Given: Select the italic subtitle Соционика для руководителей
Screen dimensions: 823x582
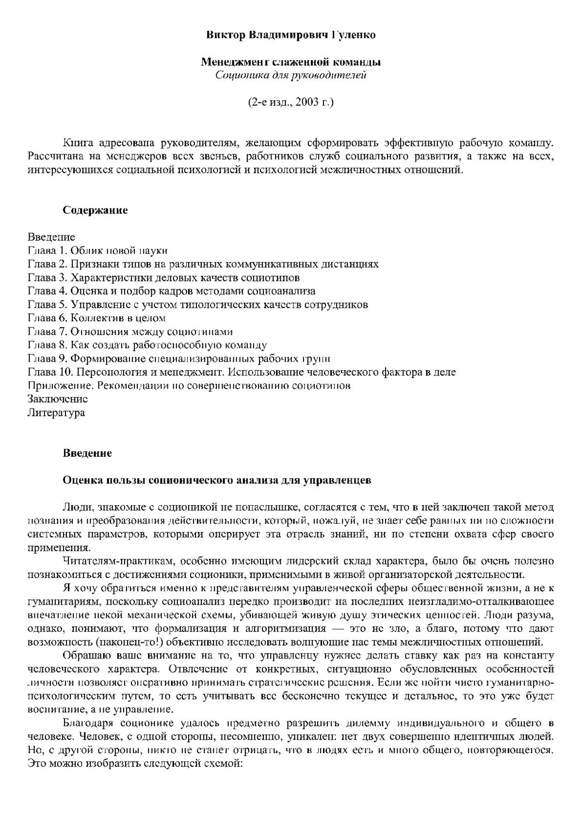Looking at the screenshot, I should tap(291, 75).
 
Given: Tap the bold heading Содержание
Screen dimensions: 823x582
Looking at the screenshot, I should tap(95, 210).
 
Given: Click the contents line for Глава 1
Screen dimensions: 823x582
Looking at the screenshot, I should tap(97, 251).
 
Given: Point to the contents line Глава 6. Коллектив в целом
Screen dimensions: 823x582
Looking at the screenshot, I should tap(97, 318).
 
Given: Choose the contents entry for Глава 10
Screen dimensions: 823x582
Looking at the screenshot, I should tap(242, 372).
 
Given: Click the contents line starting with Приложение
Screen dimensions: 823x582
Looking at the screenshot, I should tap(189, 386).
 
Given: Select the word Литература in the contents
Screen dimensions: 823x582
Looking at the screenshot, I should tap(56, 413).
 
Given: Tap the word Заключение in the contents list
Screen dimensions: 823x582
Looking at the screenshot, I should tap(58, 399).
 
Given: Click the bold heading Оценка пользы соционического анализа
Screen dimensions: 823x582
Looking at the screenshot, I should tap(217, 480).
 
